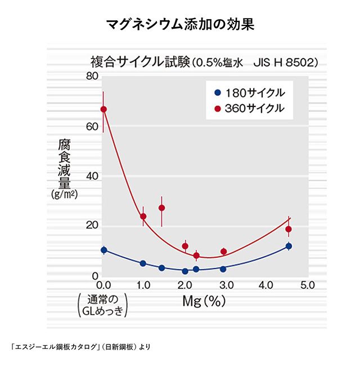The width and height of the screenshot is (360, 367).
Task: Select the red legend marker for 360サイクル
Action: pos(217,108)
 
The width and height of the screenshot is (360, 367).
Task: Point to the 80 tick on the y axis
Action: pos(92,77)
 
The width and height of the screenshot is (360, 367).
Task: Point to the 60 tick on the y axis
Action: pos(92,127)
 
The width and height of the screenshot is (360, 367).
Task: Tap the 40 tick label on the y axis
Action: pos(92,176)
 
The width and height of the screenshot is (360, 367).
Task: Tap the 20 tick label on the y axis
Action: pos(92,226)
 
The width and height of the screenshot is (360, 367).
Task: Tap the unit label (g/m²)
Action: pos(64,195)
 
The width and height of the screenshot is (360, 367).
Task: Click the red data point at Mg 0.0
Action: pos(103,109)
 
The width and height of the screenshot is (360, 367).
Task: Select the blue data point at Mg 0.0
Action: pos(103,250)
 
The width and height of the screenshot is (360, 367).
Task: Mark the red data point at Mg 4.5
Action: pos(289,229)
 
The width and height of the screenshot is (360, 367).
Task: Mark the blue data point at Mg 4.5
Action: pos(289,246)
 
